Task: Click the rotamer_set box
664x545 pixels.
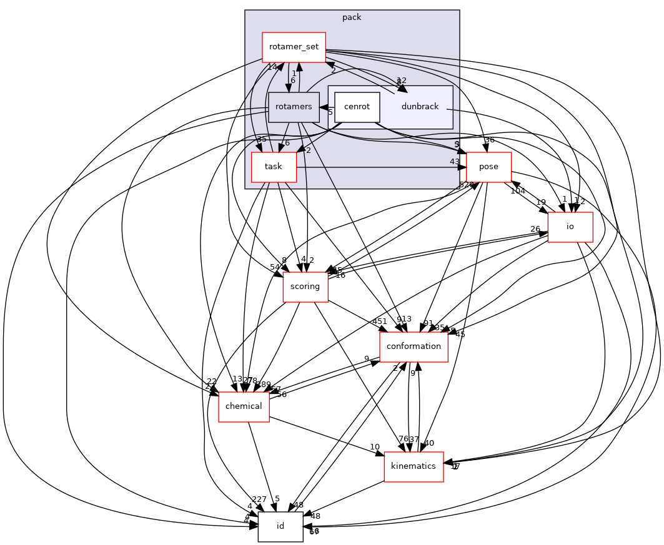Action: point(294,47)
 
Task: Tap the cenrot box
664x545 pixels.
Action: point(357,107)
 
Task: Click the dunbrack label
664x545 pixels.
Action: point(420,107)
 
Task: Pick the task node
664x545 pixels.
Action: point(274,167)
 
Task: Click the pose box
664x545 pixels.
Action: point(488,167)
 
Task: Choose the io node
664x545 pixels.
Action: point(570,227)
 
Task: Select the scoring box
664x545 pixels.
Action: point(305,287)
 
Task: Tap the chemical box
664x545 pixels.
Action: point(244,406)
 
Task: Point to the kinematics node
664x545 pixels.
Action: point(414,466)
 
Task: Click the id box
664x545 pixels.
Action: point(280,526)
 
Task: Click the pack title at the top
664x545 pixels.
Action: point(352,17)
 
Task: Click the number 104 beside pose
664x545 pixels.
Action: point(517,191)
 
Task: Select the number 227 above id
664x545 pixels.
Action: point(259,499)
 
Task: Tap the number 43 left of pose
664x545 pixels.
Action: point(454,162)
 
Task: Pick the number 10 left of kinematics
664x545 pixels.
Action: point(374,447)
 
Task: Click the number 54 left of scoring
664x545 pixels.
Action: point(275,268)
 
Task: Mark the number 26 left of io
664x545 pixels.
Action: point(535,229)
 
